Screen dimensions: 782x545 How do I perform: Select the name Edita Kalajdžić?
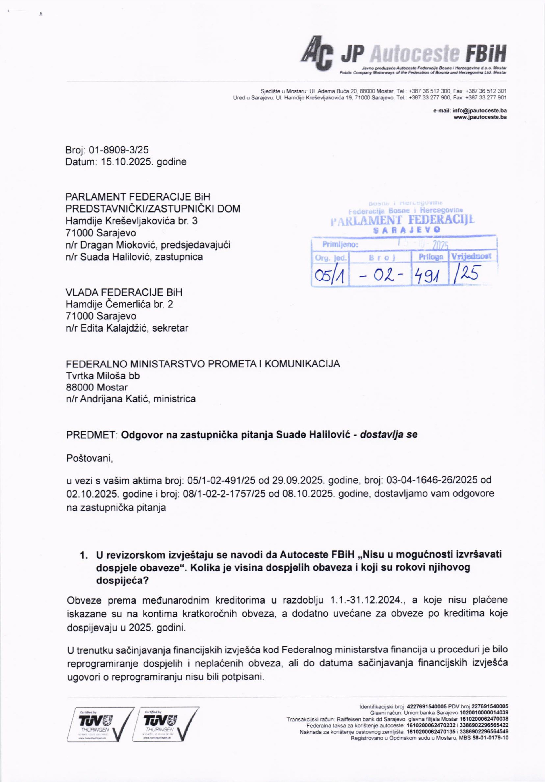(x=114, y=328)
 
